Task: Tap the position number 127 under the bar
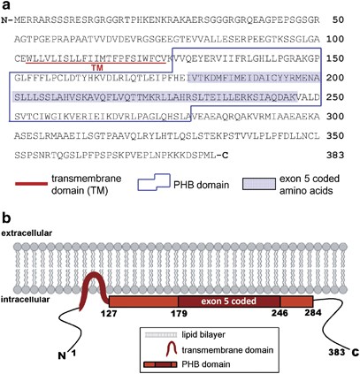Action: coord(111,316)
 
